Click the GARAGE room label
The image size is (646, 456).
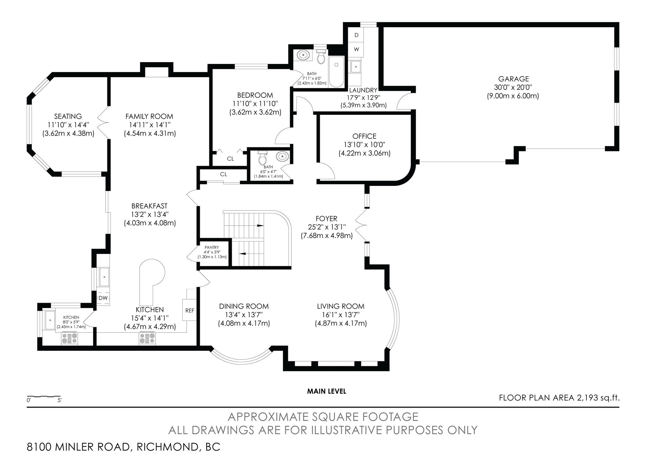(513, 79)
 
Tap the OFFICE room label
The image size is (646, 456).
(364, 136)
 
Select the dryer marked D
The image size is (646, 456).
(357, 35)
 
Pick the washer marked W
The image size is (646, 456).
(357, 49)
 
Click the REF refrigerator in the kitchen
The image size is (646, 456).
(190, 310)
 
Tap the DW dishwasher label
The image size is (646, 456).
(103, 298)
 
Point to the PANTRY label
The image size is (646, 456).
(212, 248)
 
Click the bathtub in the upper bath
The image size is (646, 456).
(336, 72)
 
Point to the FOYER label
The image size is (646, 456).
(326, 219)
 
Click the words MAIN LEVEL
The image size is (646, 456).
(326, 391)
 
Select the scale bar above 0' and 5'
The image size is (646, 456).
(44, 396)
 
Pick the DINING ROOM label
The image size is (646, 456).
(244, 306)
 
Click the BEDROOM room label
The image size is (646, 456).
(255, 95)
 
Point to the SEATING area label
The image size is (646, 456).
(68, 116)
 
